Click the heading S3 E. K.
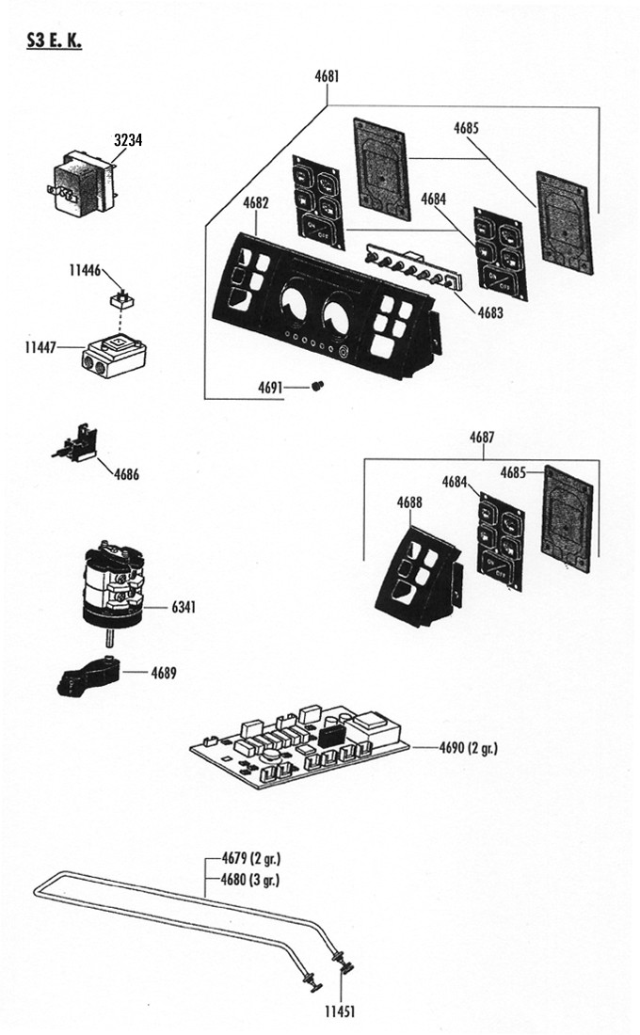[52, 42]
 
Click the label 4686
[126, 475]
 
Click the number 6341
[184, 608]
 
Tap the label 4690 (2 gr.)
[468, 748]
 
